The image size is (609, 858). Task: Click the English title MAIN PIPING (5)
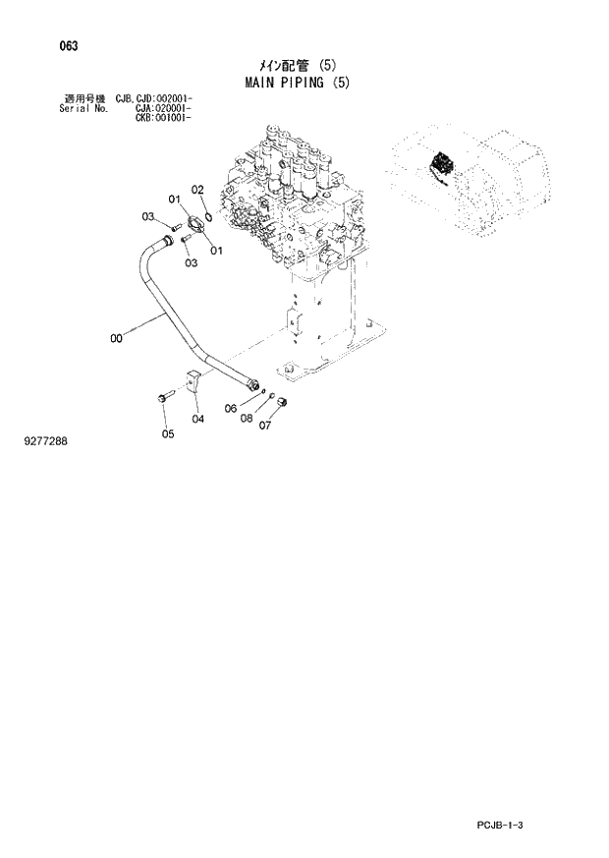point(296,83)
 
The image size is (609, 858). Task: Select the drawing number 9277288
point(45,441)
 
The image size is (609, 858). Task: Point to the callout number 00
point(117,339)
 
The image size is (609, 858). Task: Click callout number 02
point(196,190)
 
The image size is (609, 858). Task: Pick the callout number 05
point(168,433)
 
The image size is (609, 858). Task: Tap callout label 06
point(231,409)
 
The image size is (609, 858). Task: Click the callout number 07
point(263,426)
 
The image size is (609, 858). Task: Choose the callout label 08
point(247,418)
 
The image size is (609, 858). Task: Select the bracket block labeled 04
point(193,384)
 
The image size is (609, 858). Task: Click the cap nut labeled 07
point(280,403)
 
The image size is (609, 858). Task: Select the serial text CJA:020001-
point(163,108)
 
